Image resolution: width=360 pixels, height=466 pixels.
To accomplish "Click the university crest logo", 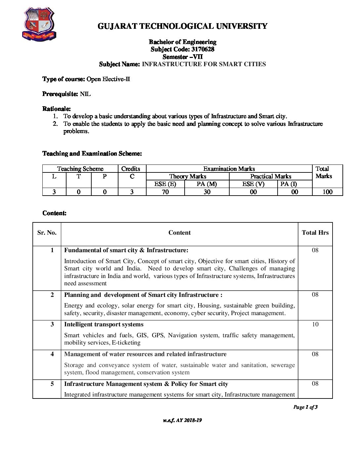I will [39, 24].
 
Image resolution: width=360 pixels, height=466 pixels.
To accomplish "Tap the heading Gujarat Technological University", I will [182, 26].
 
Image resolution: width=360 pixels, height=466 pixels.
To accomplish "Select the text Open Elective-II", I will [108, 79].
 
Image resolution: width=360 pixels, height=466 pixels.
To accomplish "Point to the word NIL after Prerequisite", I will [85, 94].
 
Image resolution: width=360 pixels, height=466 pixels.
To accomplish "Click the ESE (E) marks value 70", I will [165, 192].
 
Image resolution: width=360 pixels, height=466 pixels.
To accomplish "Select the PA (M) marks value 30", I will [207, 192].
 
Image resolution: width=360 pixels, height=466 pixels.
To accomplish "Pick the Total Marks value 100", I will [327, 192].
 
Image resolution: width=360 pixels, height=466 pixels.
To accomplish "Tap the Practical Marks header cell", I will [271, 176].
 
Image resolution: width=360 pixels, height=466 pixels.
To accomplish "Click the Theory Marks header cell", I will [188, 176].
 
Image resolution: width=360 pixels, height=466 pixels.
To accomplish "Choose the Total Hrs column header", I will [315, 233].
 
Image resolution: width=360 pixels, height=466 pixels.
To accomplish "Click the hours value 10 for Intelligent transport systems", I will [315, 324].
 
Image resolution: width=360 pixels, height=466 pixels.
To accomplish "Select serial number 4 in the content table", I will [52, 354].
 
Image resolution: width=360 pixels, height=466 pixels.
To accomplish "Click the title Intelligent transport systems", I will [104, 324].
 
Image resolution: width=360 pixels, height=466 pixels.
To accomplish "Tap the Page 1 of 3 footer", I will [305, 407].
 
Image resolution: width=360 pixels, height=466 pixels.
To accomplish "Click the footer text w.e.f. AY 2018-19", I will [182, 420].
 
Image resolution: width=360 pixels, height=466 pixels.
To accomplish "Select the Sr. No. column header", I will [47, 233].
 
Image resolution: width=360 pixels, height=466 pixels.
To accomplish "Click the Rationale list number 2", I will [55, 124].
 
